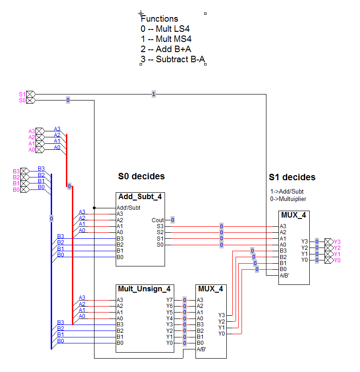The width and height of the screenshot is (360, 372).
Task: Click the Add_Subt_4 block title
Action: pos(140,197)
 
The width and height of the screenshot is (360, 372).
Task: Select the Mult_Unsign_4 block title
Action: pos(144,289)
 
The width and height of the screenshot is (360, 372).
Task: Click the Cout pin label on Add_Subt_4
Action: pos(158,220)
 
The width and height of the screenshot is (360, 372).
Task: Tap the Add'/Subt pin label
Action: pos(128,207)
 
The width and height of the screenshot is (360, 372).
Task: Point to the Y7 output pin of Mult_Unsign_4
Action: pos(170,300)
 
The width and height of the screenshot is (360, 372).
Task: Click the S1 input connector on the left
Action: pos(30,94)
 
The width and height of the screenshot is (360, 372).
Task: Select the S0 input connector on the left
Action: pos(30,100)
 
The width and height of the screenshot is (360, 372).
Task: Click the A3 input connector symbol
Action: pos(40,131)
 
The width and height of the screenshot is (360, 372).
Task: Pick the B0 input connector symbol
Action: pos(24,189)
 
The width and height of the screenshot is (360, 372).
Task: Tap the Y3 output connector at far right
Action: pos(328,241)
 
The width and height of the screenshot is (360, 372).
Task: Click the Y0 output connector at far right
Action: pos(328,260)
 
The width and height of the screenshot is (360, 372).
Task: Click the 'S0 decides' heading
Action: pos(142,176)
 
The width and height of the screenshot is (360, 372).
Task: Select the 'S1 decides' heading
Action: pos(292,177)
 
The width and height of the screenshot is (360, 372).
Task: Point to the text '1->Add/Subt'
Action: pos(287,191)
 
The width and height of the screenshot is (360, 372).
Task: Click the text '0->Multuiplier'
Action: pos(288,199)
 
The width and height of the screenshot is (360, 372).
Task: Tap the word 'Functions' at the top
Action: pos(159,19)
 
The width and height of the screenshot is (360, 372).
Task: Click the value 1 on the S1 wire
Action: pos(153,94)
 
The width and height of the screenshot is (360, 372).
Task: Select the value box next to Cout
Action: pos(172,220)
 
